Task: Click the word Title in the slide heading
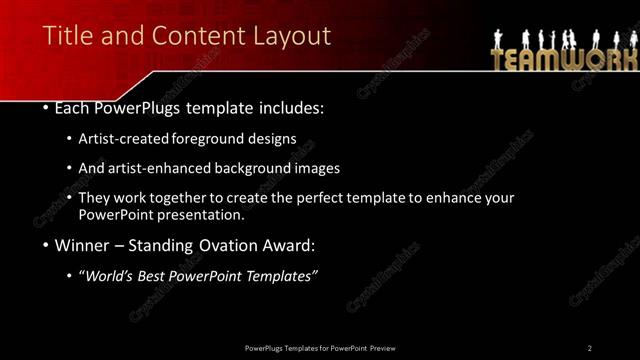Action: pyautogui.click(x=66, y=37)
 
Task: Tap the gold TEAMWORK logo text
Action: pyautogui.click(x=562, y=58)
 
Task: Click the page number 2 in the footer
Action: pyautogui.click(x=590, y=347)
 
